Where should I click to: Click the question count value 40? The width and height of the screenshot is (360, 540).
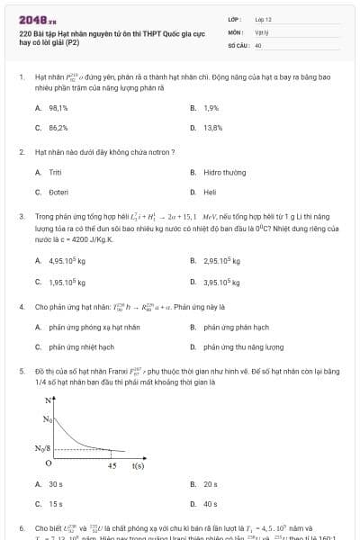pyautogui.click(x=258, y=44)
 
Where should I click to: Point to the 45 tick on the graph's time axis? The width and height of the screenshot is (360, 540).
pyautogui.click(x=112, y=466)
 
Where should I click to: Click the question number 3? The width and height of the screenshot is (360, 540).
pyautogui.click(x=21, y=217)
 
